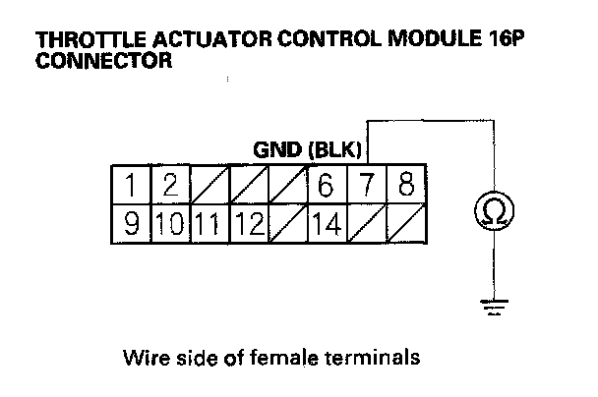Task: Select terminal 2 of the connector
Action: point(169,184)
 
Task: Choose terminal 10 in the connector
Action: point(169,224)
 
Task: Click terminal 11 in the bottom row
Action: point(209,224)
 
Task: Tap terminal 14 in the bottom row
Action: point(325,224)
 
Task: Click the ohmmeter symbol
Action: point(489,208)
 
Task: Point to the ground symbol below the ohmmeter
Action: point(489,308)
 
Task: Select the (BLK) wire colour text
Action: point(336,150)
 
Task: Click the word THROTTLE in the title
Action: point(81,42)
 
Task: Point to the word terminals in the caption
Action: point(379,356)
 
